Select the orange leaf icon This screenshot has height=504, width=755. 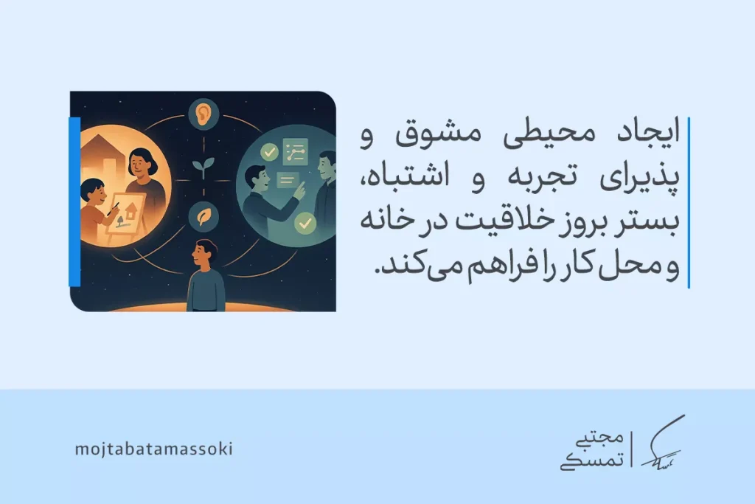pos(201,216)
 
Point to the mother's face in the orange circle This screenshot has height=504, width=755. pos(139,164)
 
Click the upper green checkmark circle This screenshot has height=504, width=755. pos(271,152)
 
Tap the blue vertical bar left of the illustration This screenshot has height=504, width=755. pos(74,201)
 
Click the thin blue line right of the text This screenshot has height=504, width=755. pos(689,201)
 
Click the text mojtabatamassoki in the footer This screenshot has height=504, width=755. pos(153,449)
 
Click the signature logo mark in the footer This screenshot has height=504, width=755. pos(661,444)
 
